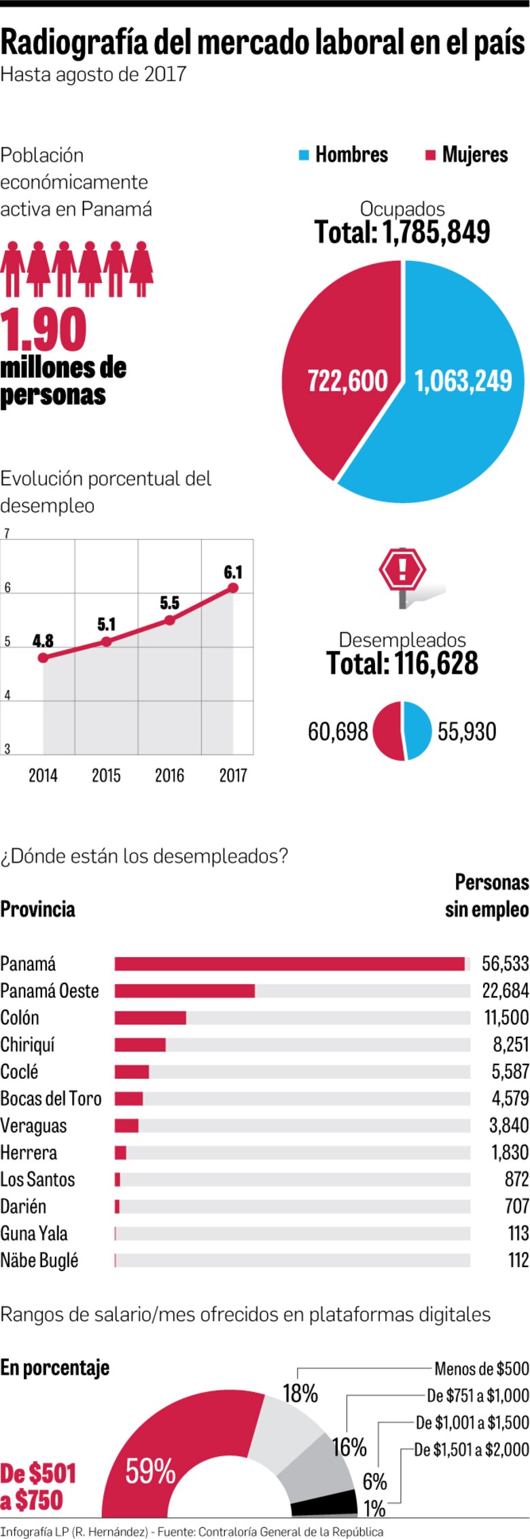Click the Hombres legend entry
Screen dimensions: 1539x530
(343, 155)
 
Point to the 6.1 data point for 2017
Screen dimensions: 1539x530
(233, 587)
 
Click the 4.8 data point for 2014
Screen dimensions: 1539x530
(43, 657)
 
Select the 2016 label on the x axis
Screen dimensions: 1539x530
(169, 775)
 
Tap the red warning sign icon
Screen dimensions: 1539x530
(402, 570)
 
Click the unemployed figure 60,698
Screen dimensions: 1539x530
(338, 731)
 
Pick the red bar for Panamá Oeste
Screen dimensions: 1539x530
(184, 990)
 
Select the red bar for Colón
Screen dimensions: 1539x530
(150, 1018)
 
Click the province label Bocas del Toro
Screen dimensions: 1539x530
(51, 1099)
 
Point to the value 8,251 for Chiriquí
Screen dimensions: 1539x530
(510, 1045)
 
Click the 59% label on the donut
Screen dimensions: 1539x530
(150, 1472)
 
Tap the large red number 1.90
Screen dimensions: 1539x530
(43, 330)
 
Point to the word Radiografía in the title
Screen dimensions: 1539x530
(73, 43)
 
